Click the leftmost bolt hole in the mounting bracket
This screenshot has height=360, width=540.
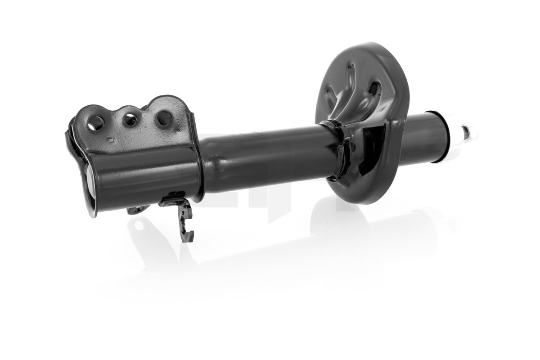96,122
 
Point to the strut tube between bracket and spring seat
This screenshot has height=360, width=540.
270,151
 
